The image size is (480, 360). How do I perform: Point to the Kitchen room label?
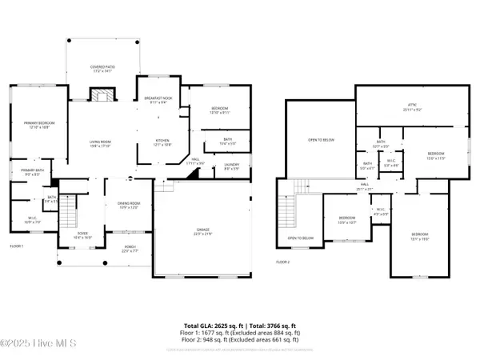point(162,143)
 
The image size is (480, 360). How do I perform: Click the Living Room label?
point(100,143)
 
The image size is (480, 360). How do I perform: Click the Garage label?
point(202,232)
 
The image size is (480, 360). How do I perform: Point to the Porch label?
point(130,248)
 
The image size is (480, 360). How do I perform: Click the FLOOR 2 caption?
point(283,262)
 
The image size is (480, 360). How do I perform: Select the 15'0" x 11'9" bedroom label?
point(435,154)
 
